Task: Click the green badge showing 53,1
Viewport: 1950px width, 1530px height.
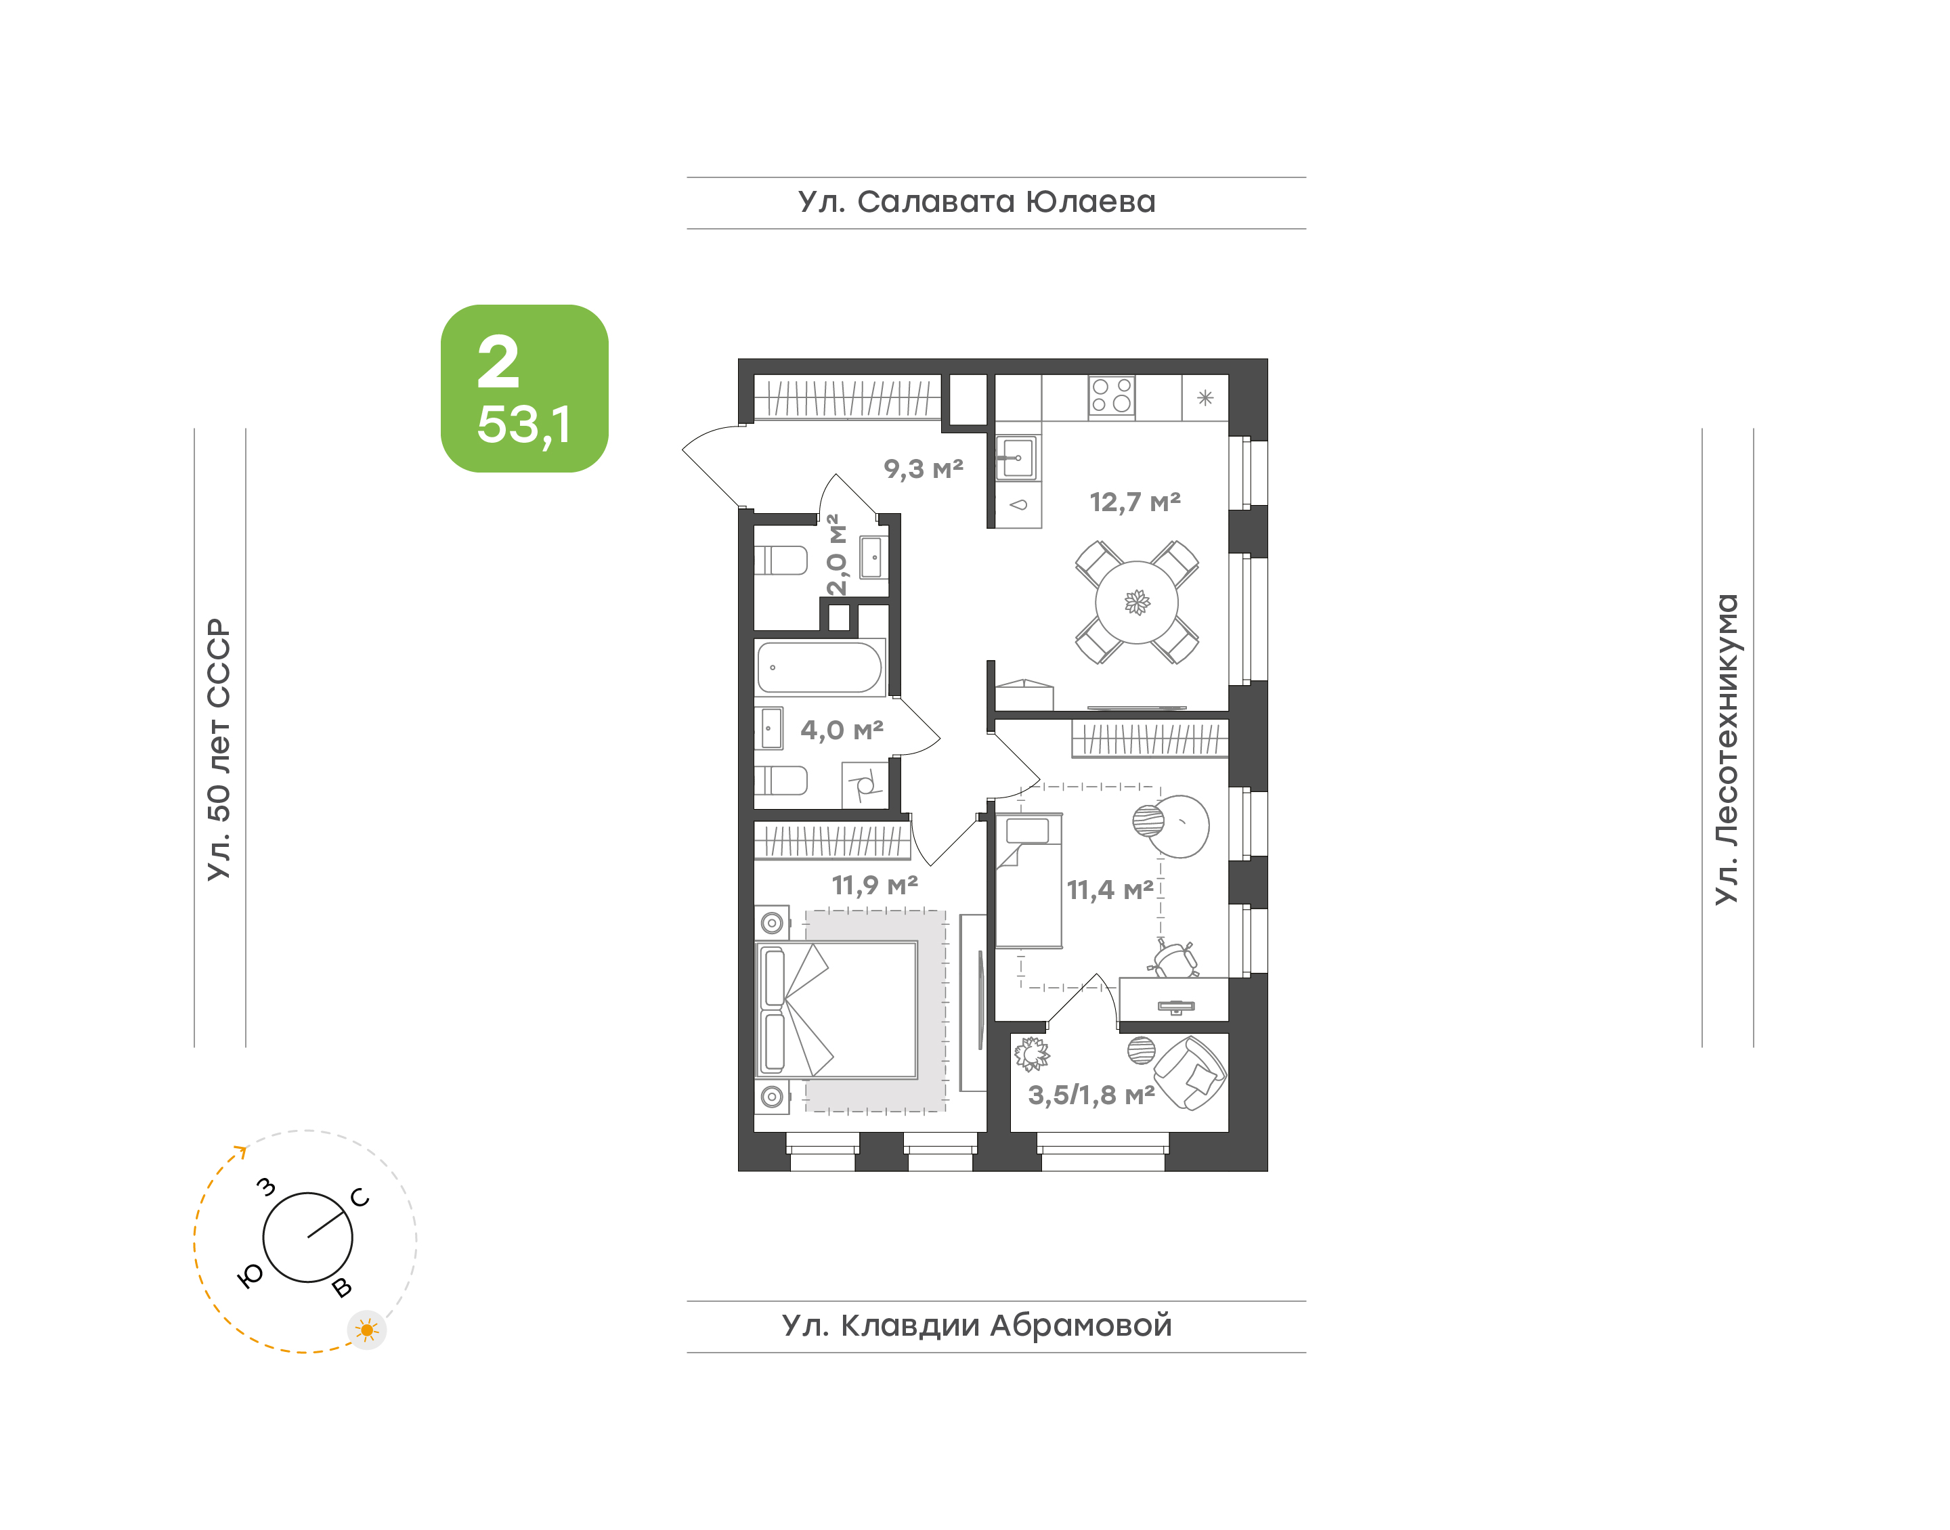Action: (x=524, y=388)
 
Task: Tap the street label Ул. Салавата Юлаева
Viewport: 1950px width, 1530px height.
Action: (x=976, y=202)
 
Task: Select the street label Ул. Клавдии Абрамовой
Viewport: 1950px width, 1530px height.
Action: (x=976, y=1325)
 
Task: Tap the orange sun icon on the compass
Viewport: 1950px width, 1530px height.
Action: (x=366, y=1330)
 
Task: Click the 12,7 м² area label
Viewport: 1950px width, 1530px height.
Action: (x=1135, y=502)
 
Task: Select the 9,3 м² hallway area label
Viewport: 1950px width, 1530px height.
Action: (x=924, y=468)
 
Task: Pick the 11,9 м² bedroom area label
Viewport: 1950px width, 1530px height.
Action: (x=874, y=885)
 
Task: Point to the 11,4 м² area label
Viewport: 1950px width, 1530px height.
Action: (x=1110, y=890)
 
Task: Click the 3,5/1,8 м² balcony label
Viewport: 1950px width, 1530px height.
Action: (x=1091, y=1095)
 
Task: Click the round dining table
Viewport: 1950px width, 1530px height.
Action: (x=1137, y=602)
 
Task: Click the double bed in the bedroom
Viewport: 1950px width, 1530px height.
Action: (x=838, y=1009)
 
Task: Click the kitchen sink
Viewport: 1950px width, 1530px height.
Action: (x=1018, y=458)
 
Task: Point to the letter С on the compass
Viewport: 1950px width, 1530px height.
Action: (x=360, y=1198)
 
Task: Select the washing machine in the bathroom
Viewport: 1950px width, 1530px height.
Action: (x=865, y=785)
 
